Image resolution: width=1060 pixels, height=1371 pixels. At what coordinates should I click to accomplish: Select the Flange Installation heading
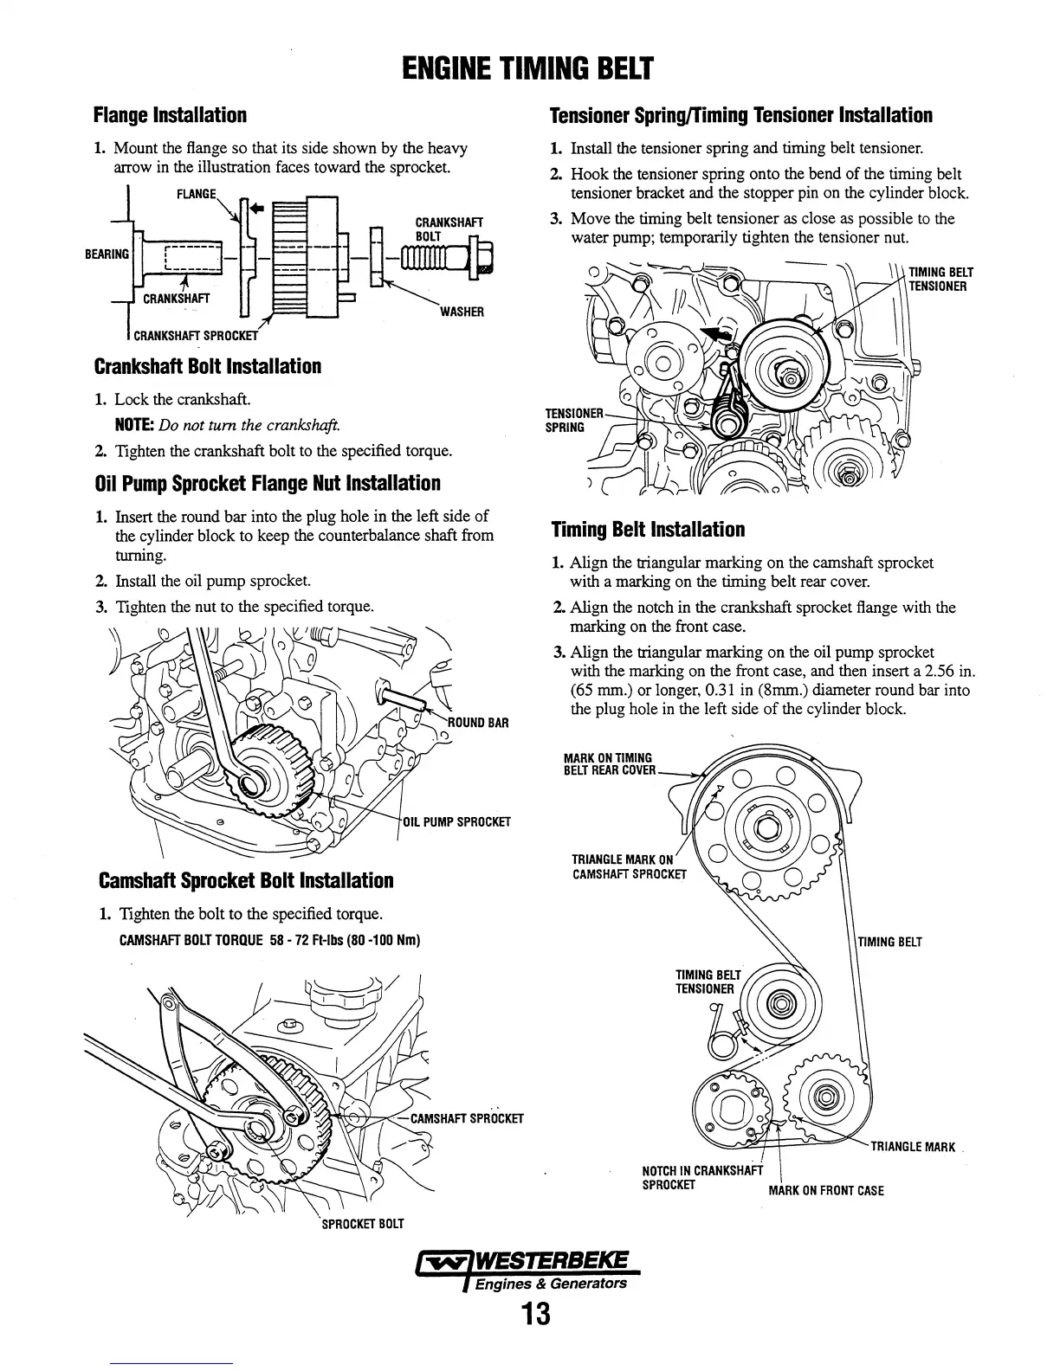coord(170,115)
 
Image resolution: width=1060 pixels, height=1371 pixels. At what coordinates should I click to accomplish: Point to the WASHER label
coord(461,312)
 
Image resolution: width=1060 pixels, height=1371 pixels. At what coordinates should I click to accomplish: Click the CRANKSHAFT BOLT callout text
coord(448,228)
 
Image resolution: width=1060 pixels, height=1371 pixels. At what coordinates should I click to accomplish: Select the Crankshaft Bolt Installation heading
coord(207,366)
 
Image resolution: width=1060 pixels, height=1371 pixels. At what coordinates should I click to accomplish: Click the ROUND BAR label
coord(477,723)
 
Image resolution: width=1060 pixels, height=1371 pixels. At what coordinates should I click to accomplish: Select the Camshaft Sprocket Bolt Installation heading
coord(246,881)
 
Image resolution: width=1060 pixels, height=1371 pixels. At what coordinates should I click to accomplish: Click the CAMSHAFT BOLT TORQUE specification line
coord(269,940)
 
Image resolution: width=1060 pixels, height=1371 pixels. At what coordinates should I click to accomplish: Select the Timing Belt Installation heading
coord(648,530)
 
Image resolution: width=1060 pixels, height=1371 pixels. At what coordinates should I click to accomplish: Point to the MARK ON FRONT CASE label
coord(826,1190)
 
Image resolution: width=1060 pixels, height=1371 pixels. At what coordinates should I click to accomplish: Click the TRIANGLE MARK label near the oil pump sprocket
coord(912,1147)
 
